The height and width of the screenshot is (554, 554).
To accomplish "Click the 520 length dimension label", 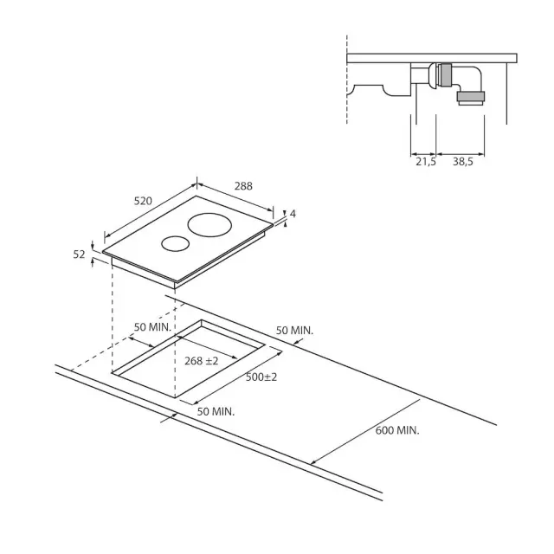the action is pos(143,201).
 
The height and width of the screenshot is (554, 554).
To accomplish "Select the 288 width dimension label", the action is pos(243,186).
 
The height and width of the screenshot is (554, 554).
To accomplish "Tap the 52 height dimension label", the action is pos(79,254).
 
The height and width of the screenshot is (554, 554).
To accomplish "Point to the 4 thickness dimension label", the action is pos(293,214).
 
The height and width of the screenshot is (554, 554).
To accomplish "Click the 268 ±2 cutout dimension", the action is pos(202,361).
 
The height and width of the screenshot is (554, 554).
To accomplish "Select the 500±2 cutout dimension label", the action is pos(261,377).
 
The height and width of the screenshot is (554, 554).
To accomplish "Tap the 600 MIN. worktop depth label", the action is pos(397,430).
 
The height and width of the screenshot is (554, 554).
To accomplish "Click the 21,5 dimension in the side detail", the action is pos(426,162).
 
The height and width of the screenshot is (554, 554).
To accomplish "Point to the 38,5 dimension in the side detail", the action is pos(463,162).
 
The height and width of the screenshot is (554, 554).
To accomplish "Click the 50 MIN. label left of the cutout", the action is pos(152,327).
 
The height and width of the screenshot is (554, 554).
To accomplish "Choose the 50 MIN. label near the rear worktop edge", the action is pos(294,331).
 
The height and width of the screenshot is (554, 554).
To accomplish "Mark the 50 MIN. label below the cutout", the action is pos(216,412).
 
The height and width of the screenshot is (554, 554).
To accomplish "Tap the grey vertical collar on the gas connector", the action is pos(446,75).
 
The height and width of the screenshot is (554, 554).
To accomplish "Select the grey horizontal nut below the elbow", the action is pos(471,96).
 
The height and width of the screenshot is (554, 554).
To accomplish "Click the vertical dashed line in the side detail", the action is pos(347,80).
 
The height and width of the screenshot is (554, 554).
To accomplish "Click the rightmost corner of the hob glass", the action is pos(274,223).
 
